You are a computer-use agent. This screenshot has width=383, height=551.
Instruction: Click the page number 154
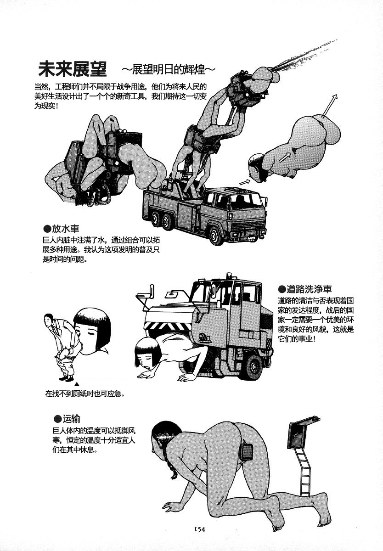coord(199,529)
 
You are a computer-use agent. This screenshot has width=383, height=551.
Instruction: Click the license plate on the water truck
coord(252,238)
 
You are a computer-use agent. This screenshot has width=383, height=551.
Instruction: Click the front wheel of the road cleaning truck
coord(251,367)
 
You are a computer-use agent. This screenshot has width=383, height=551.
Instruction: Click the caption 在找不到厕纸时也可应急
coord(85,394)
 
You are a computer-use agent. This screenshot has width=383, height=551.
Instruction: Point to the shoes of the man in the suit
coord(66,378)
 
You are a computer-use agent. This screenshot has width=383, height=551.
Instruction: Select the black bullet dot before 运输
coord(57,419)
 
